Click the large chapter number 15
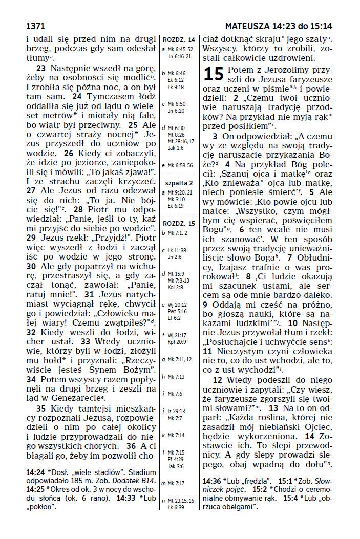[214, 74]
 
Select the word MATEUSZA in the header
[248, 26]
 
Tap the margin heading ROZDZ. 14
[178, 40]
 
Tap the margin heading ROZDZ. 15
[178, 224]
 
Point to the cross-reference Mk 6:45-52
[180, 49]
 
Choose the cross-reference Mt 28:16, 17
[181, 141]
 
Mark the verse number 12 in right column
[218, 380]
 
